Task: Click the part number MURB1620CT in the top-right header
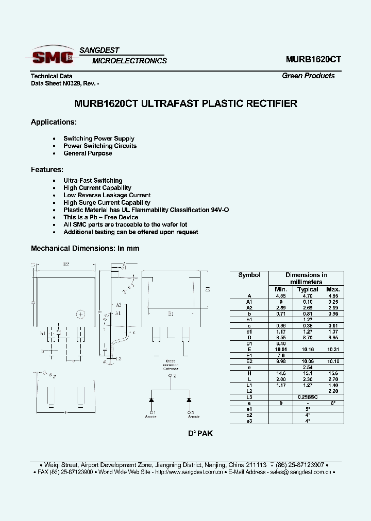(313, 59)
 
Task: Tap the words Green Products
(308, 76)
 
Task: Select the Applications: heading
(54, 122)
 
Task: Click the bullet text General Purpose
(88, 153)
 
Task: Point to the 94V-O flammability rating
(218, 210)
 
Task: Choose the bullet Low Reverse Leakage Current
(107, 196)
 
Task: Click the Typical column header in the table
(308, 289)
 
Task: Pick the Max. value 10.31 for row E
(333, 349)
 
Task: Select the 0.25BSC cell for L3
(307, 397)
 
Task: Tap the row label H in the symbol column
(249, 373)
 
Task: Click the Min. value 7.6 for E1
(281, 355)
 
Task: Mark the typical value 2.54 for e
(308, 367)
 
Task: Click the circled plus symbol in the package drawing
(81, 314)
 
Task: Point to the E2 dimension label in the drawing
(65, 265)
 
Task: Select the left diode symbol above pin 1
(151, 400)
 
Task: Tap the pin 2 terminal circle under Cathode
(170, 376)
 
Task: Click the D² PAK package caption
(200, 433)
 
